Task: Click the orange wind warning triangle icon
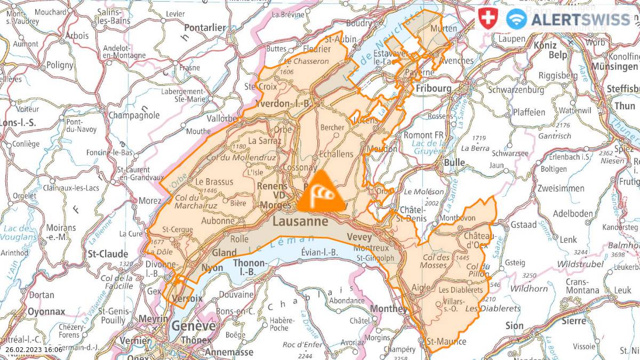(321, 194)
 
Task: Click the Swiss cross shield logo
(486, 19)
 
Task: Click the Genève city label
(193, 326)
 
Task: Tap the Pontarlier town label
(205, 28)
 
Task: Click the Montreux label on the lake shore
(379, 248)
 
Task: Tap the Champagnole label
(134, 115)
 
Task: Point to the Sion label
(515, 325)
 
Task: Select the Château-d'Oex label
(479, 240)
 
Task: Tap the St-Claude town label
(108, 253)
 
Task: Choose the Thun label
(625, 106)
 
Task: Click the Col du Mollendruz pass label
(241, 158)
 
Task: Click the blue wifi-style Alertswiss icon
(516, 19)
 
